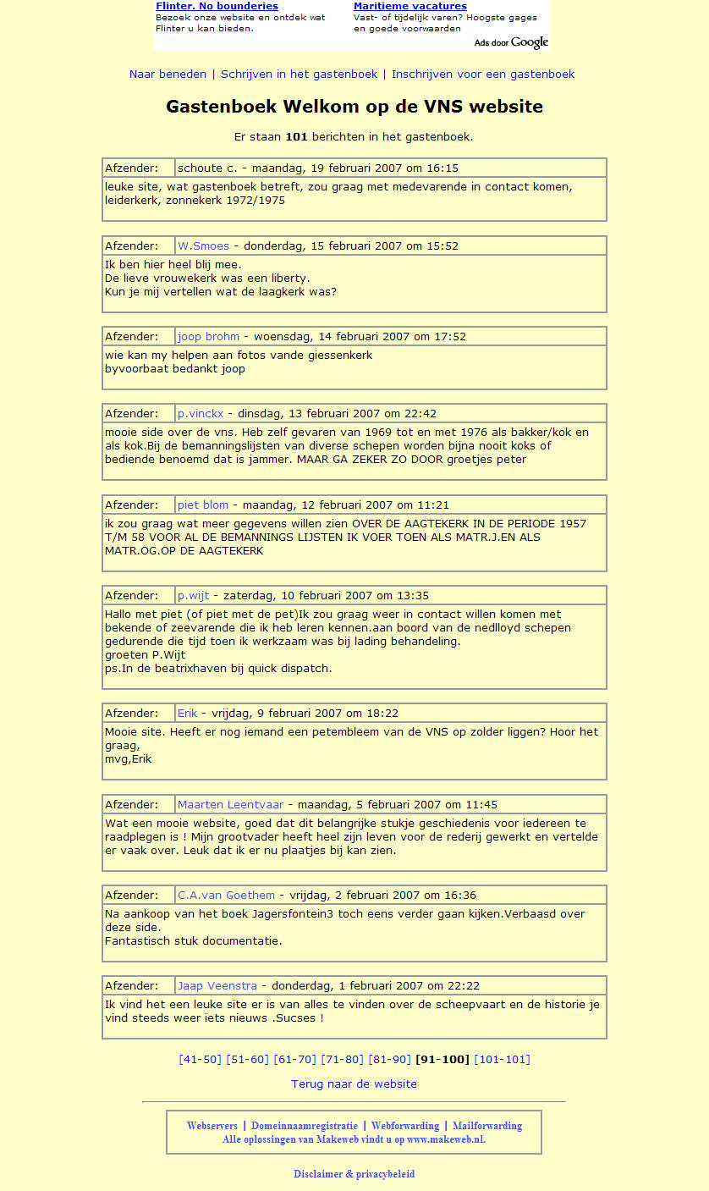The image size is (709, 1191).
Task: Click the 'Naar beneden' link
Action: (x=168, y=74)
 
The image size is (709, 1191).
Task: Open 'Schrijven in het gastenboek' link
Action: (x=300, y=74)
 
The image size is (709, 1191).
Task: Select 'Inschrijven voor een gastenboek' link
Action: (x=483, y=74)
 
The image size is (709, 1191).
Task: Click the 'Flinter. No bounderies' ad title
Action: (x=217, y=7)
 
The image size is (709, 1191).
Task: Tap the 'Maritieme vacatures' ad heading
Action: (x=410, y=7)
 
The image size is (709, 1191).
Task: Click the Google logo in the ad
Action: (x=529, y=42)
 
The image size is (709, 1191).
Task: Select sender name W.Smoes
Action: (x=203, y=246)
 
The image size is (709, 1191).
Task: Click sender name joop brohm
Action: (x=208, y=337)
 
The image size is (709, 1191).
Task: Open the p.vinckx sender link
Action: (x=201, y=414)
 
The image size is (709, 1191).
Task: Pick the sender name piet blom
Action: (x=203, y=505)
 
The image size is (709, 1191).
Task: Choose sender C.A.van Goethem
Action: (x=226, y=896)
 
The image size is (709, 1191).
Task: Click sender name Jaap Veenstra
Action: (x=217, y=986)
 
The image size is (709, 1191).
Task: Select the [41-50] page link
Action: (x=200, y=1060)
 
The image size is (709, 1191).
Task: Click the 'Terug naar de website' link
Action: (x=354, y=1084)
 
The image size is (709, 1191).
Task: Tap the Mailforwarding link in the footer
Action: (x=487, y=1127)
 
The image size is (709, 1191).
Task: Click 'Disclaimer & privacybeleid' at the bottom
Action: (x=354, y=1175)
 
